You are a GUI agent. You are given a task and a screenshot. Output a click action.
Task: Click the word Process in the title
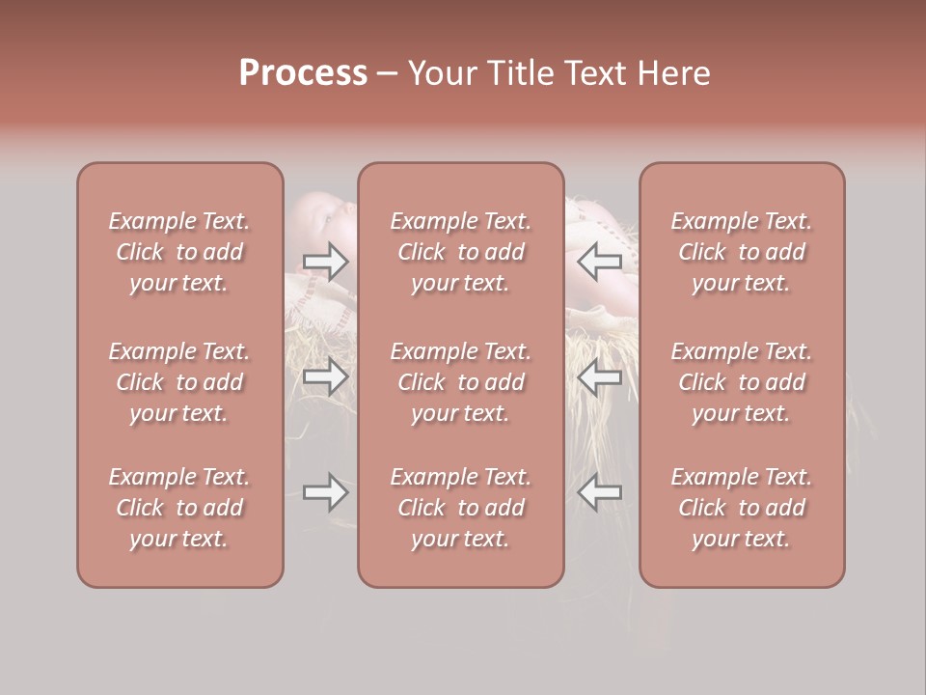pos(303,73)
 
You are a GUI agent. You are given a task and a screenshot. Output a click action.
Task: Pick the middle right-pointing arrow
pos(325,376)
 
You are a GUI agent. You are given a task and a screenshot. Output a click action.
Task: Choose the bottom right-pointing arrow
pos(325,492)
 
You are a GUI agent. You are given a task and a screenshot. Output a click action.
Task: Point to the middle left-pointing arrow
pos(600,376)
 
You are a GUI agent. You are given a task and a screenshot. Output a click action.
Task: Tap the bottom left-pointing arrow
pos(600,492)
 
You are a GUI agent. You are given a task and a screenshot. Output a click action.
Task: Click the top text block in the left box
pos(179,252)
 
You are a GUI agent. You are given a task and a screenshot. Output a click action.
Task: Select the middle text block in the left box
pos(179,382)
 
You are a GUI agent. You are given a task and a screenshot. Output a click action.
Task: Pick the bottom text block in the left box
pos(179,508)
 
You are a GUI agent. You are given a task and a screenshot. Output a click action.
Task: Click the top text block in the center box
pos(461,252)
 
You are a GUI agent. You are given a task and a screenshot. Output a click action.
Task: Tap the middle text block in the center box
pos(461,382)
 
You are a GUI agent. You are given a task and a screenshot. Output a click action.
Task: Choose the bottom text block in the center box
pos(461,508)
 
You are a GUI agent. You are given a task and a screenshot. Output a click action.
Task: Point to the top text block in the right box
pos(742,252)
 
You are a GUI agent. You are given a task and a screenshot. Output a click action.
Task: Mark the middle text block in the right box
pos(742,382)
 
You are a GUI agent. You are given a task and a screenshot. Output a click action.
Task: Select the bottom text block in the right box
pos(742,508)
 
